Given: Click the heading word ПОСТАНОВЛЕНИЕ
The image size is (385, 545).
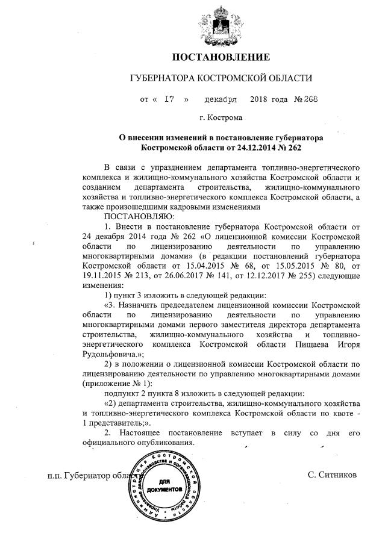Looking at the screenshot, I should point(221,58).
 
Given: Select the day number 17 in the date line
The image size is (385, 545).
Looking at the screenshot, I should point(169,99).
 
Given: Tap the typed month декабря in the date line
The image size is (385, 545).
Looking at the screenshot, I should point(221,99).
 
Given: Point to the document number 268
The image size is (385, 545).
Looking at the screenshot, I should point(307,99).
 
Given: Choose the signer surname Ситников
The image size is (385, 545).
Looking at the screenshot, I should point(332,475).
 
